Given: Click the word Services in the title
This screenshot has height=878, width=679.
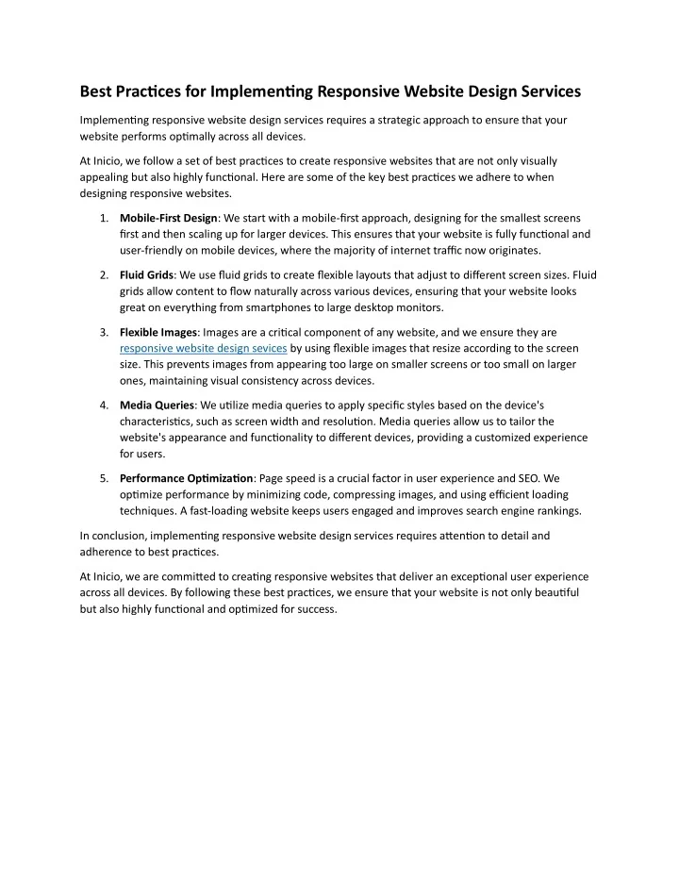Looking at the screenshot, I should (540, 91).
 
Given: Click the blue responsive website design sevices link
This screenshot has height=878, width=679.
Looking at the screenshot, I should (204, 348).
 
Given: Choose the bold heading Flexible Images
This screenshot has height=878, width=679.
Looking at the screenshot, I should (158, 332).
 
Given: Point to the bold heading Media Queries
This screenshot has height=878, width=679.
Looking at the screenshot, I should (157, 406).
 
